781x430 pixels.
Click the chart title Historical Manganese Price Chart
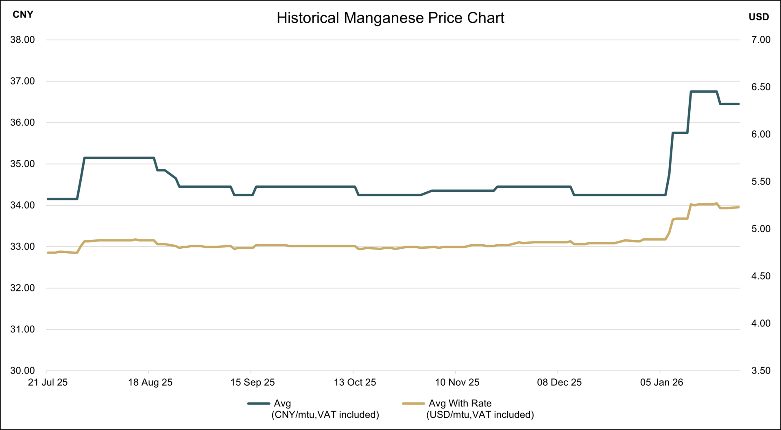coord(390,18)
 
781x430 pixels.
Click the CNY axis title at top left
coord(23,15)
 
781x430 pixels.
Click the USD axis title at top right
coord(759,17)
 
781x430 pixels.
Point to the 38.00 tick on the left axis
coord(22,40)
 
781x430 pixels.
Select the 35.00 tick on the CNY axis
coord(22,164)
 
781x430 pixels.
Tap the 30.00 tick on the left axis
coord(22,371)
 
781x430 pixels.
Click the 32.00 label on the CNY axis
coord(22,288)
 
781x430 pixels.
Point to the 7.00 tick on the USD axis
coord(761,40)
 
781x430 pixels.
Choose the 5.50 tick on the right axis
coord(761,182)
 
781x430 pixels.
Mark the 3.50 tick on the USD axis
coord(761,371)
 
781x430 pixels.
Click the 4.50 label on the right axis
coord(761,276)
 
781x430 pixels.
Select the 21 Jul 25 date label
coord(48,382)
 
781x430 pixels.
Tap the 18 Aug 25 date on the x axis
coord(150,382)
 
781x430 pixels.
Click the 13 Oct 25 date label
coord(355,382)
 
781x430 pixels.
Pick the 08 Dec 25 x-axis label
coord(559,382)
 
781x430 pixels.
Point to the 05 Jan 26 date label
coord(661,382)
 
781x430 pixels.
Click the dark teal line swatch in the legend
coord(259,404)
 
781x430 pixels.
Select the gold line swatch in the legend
coord(413,404)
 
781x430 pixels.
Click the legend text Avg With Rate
coord(460,404)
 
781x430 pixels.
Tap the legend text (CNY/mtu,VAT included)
coord(325,415)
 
